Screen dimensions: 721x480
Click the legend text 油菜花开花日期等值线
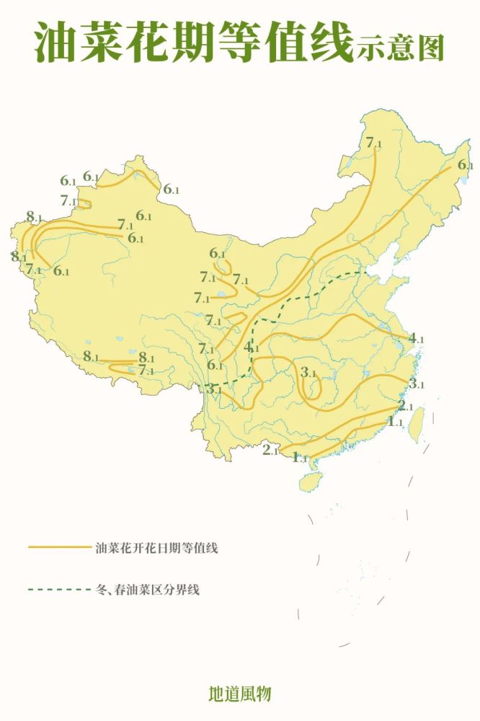(156, 549)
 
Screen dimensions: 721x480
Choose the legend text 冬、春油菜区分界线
(147, 590)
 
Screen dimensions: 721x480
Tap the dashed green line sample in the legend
(58, 590)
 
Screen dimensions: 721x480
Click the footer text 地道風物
(239, 694)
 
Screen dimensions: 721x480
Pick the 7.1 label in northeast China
(374, 143)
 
